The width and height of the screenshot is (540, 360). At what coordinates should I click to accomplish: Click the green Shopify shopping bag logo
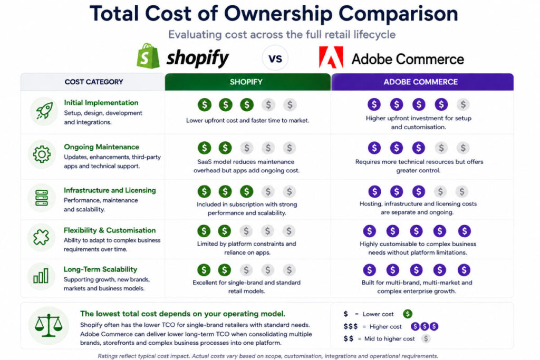(x=148, y=56)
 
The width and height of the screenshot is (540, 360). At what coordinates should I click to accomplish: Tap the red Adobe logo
(x=331, y=57)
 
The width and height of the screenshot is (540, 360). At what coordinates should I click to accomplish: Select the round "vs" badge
(x=275, y=58)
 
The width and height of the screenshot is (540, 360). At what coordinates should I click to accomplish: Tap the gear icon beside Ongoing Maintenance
(x=42, y=154)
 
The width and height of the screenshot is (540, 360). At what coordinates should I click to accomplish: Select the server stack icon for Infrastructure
(x=42, y=198)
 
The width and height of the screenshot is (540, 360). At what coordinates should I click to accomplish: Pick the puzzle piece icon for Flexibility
(x=41, y=237)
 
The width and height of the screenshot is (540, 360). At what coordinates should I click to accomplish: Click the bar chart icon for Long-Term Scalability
(x=41, y=276)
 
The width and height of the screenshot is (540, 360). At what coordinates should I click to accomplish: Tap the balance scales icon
(x=48, y=325)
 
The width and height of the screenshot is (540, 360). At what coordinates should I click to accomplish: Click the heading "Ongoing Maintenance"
(x=102, y=147)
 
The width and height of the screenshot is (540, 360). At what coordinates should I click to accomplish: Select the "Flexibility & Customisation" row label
(x=110, y=230)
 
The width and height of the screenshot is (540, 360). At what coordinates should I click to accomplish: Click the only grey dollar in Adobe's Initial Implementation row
(x=463, y=104)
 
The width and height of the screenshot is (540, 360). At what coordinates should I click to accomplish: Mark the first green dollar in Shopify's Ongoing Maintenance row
(x=204, y=148)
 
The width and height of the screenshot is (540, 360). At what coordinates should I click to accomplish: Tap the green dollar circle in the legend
(x=408, y=314)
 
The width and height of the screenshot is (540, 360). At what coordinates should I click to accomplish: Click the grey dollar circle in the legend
(x=426, y=339)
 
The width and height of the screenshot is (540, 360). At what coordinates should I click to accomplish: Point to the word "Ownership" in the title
(x=278, y=14)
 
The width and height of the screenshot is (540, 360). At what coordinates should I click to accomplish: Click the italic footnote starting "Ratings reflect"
(x=268, y=356)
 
